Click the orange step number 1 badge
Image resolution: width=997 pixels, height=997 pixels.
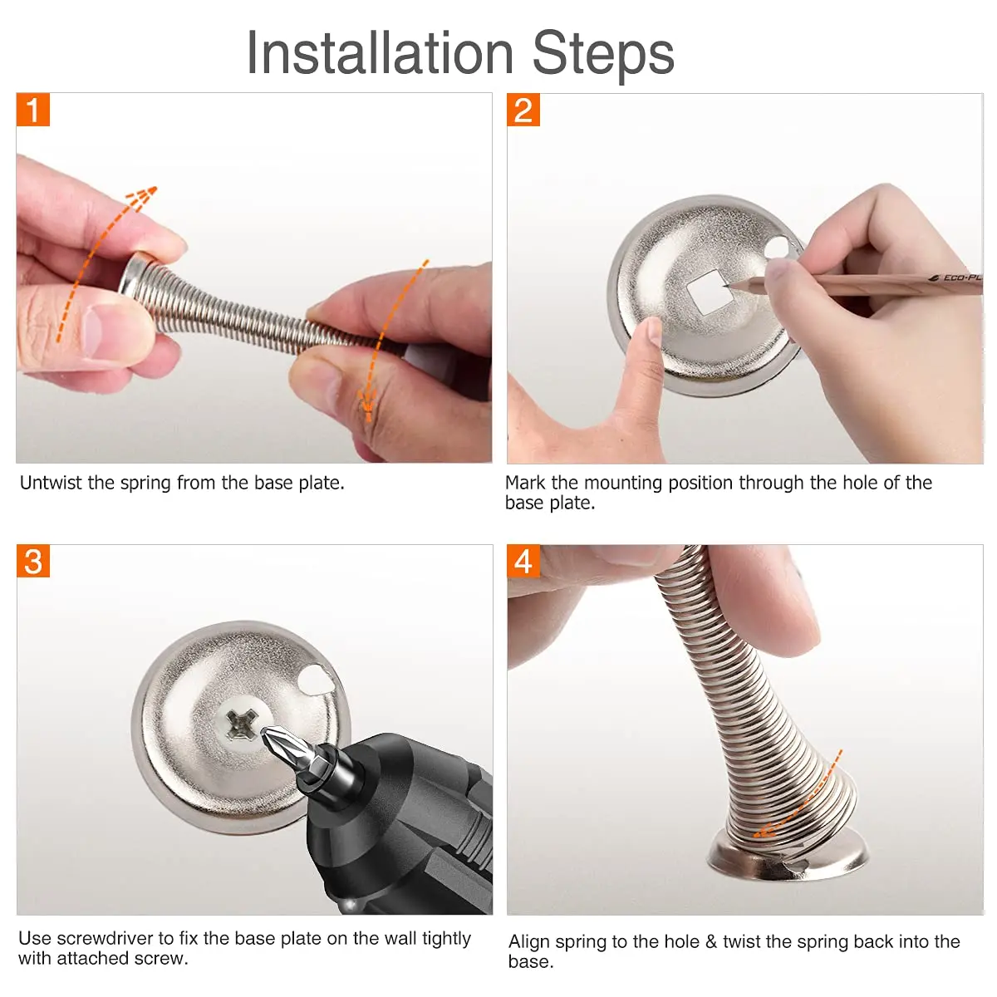coord(33,110)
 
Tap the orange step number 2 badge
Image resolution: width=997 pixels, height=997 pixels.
coord(523,110)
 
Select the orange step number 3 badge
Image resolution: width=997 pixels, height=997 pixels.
coord(33,562)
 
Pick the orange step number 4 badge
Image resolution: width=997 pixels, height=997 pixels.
coord(523,562)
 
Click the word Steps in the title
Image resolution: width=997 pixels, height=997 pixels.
coord(603,53)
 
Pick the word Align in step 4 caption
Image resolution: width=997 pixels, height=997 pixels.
coord(528,941)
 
